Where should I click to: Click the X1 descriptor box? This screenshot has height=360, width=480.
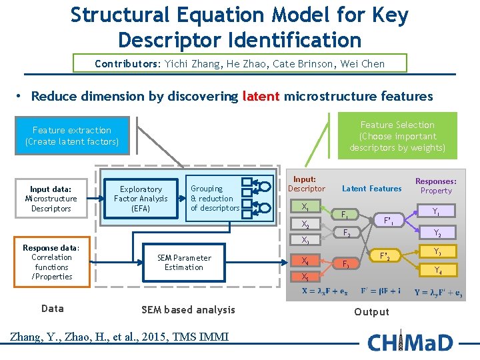[x=305, y=207]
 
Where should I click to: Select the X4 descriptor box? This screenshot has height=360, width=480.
[x=305, y=261]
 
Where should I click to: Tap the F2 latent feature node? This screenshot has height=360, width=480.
[x=345, y=233]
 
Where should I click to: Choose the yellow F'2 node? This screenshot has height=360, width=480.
[x=385, y=256]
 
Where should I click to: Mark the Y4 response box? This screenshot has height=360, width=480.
[x=437, y=271]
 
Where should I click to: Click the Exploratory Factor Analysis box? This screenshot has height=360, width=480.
[x=141, y=199]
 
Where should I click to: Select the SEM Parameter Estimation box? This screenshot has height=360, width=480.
[x=184, y=263]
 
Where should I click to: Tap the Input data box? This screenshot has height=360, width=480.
[x=51, y=199]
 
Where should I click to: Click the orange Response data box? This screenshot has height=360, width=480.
[x=52, y=262]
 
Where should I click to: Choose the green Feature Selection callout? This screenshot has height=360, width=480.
[x=397, y=136]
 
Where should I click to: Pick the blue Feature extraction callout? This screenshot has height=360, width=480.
[x=72, y=135]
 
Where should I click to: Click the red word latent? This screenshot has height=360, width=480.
[x=261, y=96]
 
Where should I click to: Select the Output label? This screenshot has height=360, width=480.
[x=371, y=312]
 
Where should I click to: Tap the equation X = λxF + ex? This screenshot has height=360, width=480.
[x=324, y=291]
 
